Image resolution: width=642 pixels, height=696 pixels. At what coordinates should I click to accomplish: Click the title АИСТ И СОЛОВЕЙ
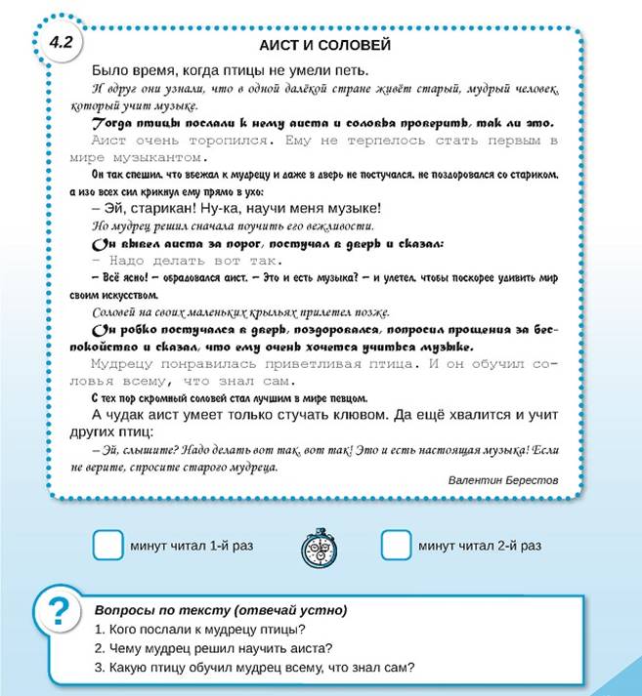click(325, 46)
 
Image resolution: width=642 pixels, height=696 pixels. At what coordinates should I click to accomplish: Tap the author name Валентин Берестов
click(502, 480)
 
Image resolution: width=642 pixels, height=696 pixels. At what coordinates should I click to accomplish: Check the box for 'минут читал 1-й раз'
click(107, 546)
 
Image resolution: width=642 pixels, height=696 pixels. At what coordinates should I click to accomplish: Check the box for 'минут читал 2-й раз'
click(396, 546)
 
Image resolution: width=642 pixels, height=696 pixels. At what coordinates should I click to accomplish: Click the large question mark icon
click(60, 613)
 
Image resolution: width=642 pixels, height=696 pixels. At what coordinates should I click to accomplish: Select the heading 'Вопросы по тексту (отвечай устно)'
click(220, 610)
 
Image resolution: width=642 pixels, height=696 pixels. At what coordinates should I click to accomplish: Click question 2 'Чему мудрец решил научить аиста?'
click(214, 648)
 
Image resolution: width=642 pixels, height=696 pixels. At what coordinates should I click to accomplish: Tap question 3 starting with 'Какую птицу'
click(255, 668)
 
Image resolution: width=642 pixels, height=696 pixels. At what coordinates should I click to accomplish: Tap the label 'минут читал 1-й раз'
click(192, 546)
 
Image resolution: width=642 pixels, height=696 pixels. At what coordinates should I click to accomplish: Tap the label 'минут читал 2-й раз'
click(480, 546)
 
